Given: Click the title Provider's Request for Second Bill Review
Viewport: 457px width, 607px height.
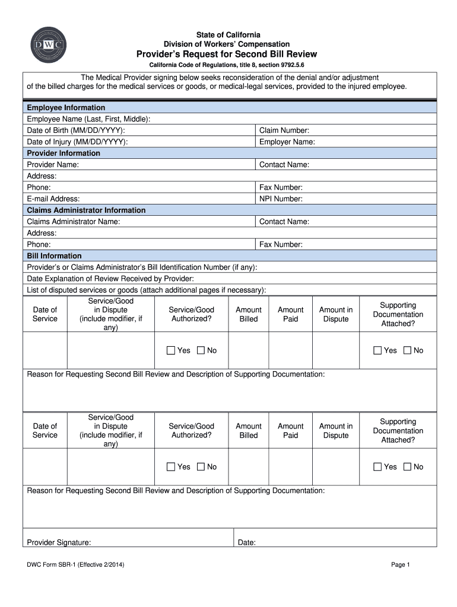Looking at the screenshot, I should coord(227,54).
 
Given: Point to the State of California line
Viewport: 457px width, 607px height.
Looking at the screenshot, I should coord(227,36).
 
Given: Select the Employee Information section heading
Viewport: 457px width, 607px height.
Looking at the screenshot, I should coord(66,108).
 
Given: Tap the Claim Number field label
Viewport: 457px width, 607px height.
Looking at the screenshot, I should coord(284,130).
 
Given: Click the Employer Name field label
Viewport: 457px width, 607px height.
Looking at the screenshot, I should coord(287,142).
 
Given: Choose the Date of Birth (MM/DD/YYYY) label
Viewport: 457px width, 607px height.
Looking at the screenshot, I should coord(76,130).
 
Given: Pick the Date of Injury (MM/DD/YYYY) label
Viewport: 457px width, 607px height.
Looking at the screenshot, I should coord(77,142).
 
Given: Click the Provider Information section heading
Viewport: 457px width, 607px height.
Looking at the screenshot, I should coord(64,153).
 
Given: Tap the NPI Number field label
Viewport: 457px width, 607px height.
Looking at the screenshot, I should coord(281,199).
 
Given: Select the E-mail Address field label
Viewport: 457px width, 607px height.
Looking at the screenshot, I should coord(53,199).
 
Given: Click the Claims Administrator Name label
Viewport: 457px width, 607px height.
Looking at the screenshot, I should coord(74,222).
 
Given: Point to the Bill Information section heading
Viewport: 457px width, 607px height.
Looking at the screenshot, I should coord(54,255).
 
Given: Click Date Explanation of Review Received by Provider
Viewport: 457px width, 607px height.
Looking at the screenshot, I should coord(110,279).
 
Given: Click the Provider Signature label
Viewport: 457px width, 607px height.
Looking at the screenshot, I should coord(59,542).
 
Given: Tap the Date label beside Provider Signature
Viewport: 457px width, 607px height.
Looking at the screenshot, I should coord(246,542).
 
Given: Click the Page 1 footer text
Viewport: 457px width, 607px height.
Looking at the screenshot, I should coord(401,565).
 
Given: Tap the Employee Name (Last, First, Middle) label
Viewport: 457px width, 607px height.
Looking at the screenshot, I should coord(88,119).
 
